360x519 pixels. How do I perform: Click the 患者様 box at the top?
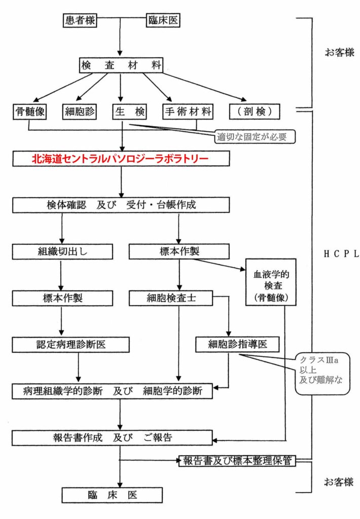[79, 20]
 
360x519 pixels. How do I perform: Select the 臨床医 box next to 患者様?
[163, 20]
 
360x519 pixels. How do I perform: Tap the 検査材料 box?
[121, 65]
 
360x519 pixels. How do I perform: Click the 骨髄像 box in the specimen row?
[29, 110]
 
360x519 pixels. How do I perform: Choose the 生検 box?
[129, 110]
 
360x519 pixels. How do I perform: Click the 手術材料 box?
[188, 110]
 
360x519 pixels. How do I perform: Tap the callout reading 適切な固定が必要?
[255, 136]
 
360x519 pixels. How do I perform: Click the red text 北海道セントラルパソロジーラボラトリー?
[121, 159]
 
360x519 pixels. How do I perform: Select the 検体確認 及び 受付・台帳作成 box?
[121, 205]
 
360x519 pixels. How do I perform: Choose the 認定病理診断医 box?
[70, 345]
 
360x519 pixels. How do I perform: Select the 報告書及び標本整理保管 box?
[238, 461]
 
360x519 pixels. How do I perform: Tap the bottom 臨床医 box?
[112, 494]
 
